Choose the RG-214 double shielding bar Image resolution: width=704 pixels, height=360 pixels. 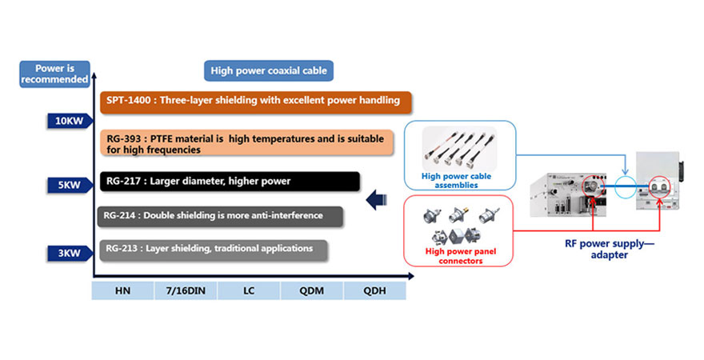[x=221, y=215]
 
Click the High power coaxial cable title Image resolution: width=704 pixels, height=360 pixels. [x=268, y=71]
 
